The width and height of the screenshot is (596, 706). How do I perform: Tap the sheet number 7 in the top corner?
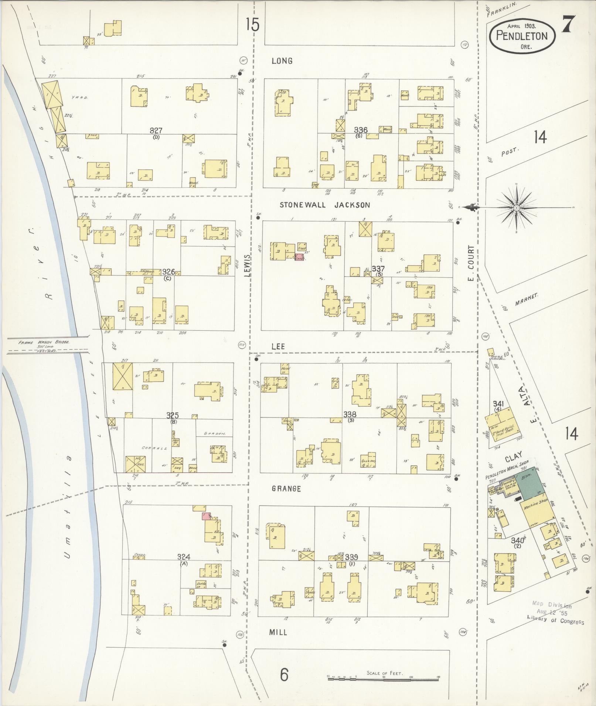point(568,25)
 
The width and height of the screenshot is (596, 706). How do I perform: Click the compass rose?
point(517,209)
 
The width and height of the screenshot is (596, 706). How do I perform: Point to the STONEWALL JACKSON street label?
point(324,205)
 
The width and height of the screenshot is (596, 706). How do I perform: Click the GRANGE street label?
point(286,489)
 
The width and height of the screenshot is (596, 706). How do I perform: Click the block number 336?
point(361,130)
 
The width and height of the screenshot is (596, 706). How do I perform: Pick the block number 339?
point(351,557)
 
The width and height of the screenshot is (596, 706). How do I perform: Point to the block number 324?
point(184,557)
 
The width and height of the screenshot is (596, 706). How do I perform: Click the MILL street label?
point(278,632)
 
